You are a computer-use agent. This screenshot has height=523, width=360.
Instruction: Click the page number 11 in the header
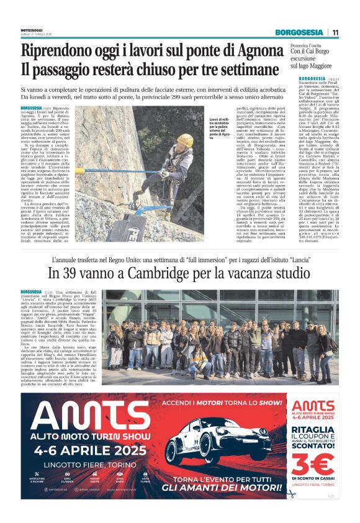(336, 32)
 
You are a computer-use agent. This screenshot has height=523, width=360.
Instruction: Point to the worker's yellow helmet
(186, 140)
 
